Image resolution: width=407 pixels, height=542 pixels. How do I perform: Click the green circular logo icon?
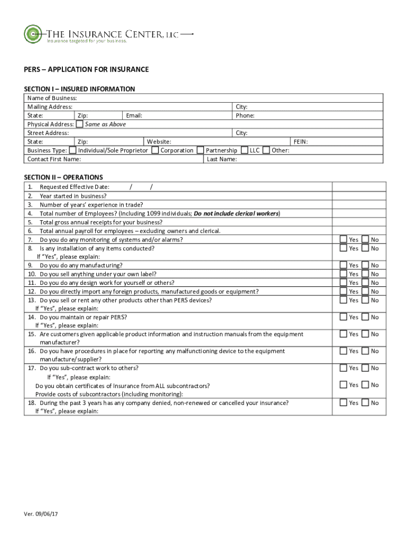(33, 34)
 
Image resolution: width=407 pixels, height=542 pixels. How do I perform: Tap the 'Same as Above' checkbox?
(79, 124)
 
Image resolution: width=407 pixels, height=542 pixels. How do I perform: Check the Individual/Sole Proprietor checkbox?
(73, 150)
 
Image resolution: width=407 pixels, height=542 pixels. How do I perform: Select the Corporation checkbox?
(155, 150)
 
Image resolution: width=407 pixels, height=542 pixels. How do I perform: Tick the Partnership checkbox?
(200, 150)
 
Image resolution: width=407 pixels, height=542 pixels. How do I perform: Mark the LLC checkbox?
(245, 150)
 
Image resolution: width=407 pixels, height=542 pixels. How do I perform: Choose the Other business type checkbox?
(266, 150)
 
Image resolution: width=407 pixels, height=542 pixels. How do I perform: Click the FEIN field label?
(301, 142)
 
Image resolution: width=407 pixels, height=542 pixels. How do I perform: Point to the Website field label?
(159, 142)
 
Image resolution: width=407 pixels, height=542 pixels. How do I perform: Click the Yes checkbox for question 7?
(344, 240)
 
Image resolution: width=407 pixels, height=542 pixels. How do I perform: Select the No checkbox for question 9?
(365, 265)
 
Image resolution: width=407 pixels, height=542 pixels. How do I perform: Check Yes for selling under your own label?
(344, 274)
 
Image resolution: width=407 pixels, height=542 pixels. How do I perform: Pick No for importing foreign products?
(365, 292)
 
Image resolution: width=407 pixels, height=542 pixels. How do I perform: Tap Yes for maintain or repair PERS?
(344, 317)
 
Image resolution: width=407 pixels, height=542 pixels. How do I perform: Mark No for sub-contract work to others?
(365, 368)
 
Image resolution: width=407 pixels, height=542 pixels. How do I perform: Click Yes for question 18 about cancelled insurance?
(344, 403)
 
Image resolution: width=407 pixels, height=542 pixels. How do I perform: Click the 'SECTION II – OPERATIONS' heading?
(63, 177)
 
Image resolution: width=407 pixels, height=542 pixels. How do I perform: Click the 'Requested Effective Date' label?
(75, 187)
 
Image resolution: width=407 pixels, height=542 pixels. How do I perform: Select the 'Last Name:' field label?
(222, 159)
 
